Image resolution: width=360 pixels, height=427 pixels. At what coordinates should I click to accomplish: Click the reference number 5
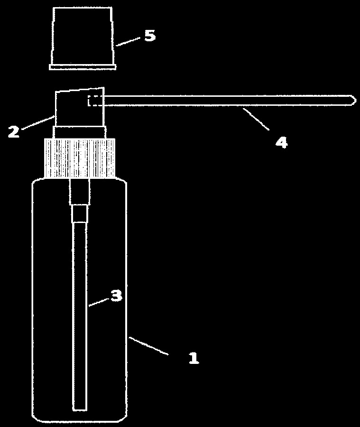(150, 36)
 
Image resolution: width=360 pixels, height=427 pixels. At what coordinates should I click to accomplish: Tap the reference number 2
(14, 131)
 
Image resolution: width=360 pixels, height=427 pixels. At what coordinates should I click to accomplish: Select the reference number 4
(282, 142)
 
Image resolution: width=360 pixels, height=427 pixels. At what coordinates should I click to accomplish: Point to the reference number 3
(116, 295)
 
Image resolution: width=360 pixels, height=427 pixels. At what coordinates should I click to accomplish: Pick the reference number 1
(194, 358)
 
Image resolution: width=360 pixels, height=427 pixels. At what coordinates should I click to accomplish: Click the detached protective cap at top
(83, 38)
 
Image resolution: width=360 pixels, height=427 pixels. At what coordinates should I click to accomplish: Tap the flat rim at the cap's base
(83, 67)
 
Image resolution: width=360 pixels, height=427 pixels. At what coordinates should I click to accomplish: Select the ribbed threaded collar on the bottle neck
(80, 158)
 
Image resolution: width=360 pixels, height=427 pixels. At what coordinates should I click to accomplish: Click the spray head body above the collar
(80, 107)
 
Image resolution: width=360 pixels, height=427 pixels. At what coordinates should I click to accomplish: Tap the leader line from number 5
(128, 42)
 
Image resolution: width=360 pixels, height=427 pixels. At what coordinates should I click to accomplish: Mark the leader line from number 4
(256, 119)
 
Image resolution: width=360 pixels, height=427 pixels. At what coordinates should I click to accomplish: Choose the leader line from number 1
(148, 346)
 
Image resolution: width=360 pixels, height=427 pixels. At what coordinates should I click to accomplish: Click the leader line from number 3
(99, 303)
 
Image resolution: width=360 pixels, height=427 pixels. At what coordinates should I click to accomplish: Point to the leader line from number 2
(37, 122)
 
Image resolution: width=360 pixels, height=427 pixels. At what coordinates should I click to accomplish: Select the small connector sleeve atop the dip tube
(80, 214)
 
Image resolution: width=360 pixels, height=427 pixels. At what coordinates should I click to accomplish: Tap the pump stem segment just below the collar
(80, 192)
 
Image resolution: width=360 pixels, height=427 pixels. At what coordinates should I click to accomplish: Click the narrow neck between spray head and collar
(80, 133)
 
